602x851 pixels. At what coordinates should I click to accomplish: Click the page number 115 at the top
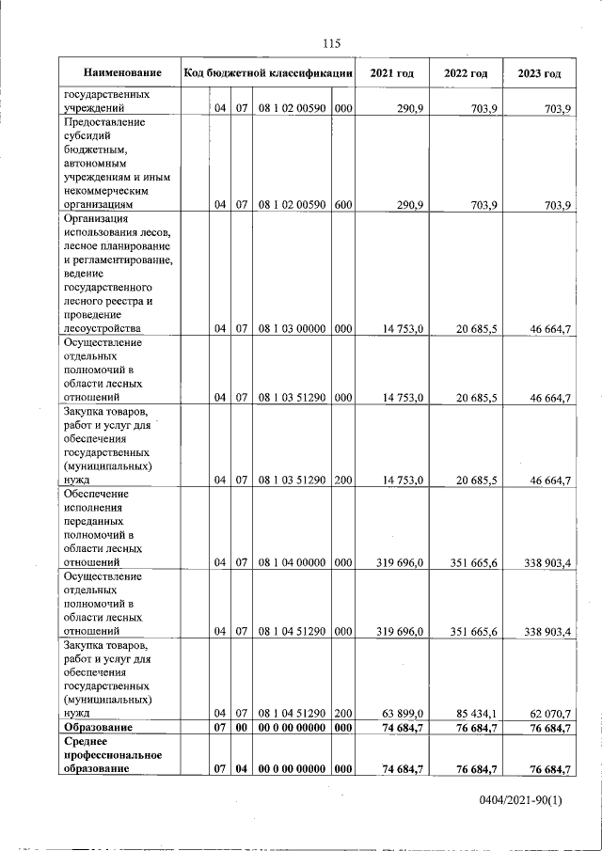(x=330, y=43)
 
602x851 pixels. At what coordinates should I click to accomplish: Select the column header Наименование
(x=122, y=73)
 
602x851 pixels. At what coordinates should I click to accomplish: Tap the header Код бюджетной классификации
(x=268, y=73)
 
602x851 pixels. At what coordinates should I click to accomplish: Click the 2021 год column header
(x=392, y=73)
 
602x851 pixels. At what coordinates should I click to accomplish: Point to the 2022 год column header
(x=465, y=73)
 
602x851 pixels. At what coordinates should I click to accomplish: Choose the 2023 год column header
(x=539, y=73)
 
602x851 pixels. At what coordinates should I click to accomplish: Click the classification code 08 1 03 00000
(x=292, y=328)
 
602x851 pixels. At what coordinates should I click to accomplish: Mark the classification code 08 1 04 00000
(x=292, y=562)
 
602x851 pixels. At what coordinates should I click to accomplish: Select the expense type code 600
(x=342, y=203)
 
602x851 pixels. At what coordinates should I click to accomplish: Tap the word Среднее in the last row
(x=88, y=742)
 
